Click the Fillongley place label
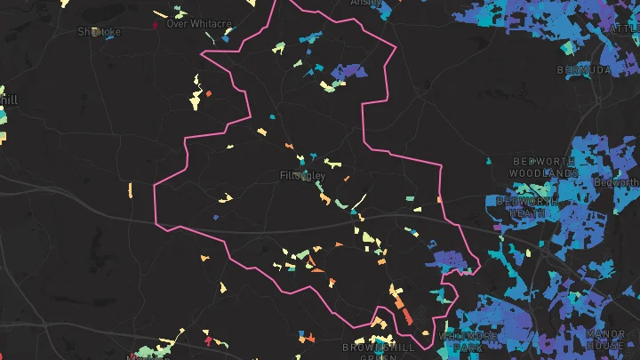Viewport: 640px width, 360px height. point(302,176)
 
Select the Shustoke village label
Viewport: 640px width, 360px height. point(99,31)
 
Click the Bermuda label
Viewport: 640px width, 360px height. point(585,69)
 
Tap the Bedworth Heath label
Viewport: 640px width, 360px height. point(528,207)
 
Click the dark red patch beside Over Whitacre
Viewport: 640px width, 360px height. point(156,25)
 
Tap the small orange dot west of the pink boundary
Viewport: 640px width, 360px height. point(209,92)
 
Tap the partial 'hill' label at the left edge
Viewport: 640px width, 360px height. point(8,100)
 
